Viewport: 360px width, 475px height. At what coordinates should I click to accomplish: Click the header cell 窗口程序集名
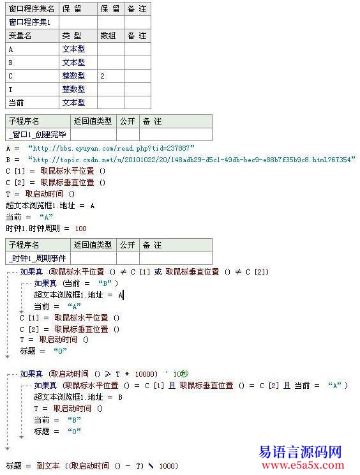31,9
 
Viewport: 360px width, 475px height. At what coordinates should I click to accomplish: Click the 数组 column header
109,36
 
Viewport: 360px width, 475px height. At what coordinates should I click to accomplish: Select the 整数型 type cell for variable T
73,89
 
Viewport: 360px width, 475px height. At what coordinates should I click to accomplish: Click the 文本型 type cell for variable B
73,63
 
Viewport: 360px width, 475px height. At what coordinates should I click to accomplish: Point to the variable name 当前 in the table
15,103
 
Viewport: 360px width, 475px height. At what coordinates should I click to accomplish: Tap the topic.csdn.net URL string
191,159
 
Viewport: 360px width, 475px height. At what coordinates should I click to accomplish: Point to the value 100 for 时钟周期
80,228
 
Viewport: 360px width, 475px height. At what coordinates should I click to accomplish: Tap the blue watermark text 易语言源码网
300,452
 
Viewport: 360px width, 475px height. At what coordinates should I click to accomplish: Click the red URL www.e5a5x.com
299,466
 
